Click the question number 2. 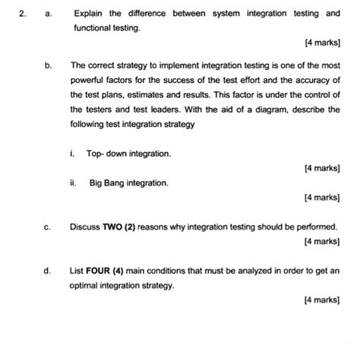pyautogui.click(x=24, y=14)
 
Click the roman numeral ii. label pyautogui.click(x=73, y=183)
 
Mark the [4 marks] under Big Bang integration pyautogui.click(x=321, y=197)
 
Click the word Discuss pyautogui.click(x=84, y=226)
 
